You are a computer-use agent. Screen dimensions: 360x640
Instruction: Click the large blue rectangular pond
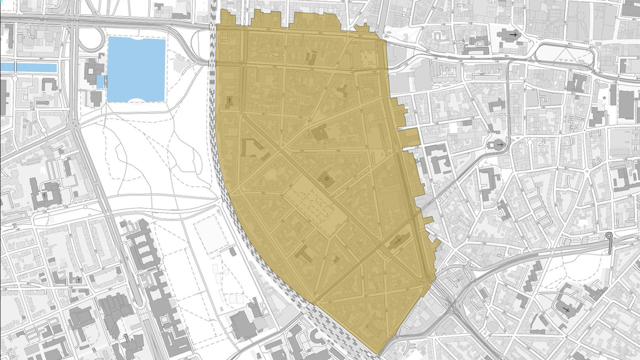pos(136,69)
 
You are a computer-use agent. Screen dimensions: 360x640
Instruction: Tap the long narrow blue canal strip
pos(29,66)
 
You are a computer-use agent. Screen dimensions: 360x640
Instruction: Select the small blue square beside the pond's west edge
pos(101,81)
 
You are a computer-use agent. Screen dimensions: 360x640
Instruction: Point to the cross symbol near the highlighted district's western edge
pos(229,100)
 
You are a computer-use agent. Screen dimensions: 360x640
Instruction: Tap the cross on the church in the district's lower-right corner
pos(399,241)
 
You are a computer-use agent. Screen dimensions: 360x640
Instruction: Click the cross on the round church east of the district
pos(498,145)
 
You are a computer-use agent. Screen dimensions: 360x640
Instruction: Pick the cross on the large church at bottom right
pos(566,309)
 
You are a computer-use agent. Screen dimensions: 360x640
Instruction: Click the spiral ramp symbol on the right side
pos(609,237)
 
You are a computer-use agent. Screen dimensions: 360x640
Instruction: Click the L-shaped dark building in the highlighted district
pos(252,149)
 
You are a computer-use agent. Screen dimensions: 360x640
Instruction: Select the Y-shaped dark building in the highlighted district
pos(342,90)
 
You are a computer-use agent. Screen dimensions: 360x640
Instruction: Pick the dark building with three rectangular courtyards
pos(144,244)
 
